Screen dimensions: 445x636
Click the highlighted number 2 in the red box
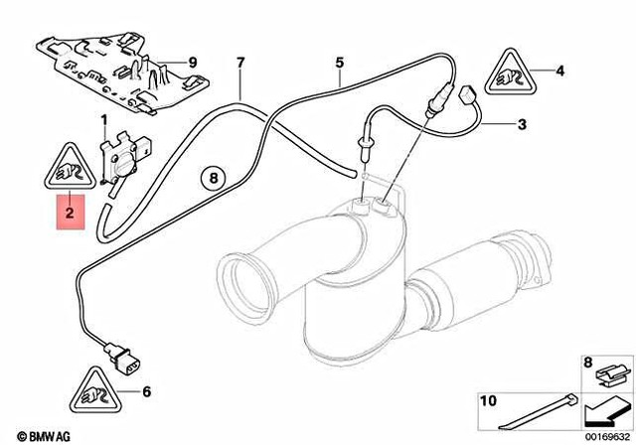coord(70,212)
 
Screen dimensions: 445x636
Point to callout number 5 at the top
coord(339,63)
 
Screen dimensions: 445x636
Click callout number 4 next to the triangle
coord(560,71)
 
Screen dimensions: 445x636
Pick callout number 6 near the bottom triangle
coord(147,391)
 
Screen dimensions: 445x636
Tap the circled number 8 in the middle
coord(211,179)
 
